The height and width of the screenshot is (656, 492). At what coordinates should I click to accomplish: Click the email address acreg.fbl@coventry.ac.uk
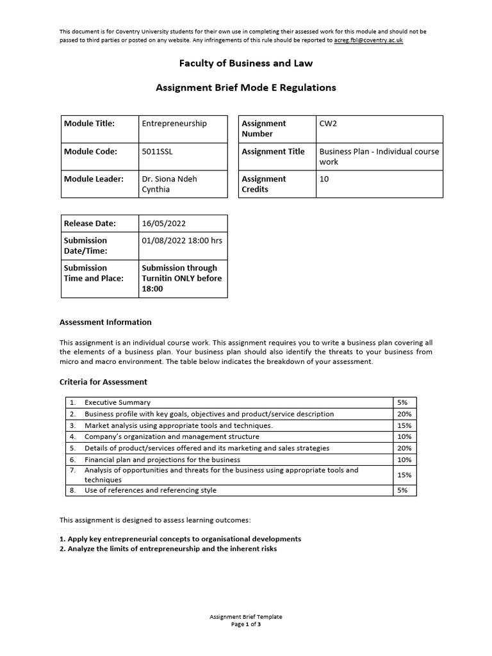[369, 40]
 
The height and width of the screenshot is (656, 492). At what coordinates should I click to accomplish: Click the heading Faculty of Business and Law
[246, 63]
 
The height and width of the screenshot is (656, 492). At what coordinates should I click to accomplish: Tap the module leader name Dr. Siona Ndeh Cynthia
[169, 184]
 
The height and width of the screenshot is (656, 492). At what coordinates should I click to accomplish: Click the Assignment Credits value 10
[324, 179]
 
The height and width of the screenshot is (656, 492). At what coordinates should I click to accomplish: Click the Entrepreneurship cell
[174, 124]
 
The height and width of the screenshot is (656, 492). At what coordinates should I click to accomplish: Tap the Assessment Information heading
[106, 322]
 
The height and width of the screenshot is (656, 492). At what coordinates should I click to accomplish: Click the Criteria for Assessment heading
[103, 382]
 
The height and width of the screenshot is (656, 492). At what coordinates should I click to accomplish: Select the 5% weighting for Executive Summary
[403, 403]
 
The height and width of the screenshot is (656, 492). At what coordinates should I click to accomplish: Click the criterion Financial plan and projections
[162, 460]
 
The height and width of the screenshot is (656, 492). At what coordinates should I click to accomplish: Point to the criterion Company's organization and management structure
[172, 437]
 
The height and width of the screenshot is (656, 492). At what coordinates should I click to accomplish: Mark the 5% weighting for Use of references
[403, 491]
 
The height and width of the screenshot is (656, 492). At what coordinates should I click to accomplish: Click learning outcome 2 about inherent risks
[168, 549]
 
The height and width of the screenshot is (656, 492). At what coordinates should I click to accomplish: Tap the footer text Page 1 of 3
[246, 624]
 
